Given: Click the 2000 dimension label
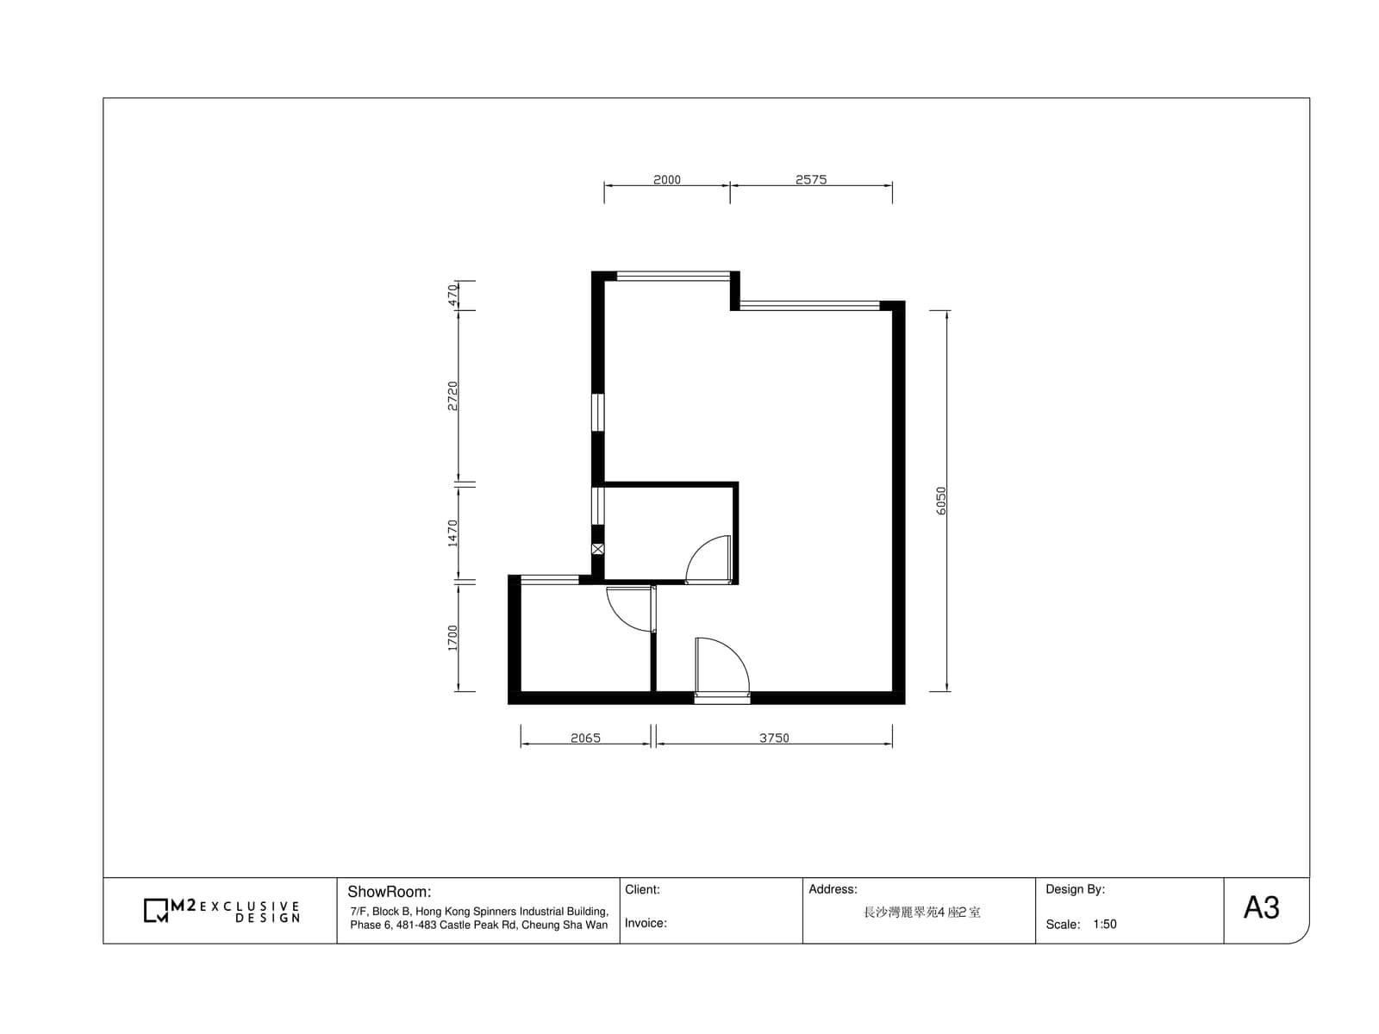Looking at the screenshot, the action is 666,179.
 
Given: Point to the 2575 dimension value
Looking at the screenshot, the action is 810,179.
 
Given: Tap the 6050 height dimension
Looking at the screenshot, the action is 940,501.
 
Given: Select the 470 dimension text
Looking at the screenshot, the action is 452,295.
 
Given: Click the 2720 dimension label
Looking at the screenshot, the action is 452,396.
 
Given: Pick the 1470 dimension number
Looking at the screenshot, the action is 452,533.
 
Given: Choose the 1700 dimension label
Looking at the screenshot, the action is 452,638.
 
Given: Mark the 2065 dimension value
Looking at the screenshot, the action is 585,738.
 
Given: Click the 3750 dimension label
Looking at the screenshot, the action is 774,738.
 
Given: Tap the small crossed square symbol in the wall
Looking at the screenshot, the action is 597,550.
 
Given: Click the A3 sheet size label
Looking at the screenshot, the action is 1261,908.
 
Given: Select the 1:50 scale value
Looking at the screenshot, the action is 1104,924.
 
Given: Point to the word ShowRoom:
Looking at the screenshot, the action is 389,892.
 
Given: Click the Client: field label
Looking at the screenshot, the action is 642,889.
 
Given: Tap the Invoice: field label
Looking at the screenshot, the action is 646,923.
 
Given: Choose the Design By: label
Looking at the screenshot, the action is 1075,889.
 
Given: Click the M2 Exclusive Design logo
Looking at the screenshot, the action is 222,911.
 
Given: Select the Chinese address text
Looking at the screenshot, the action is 921,913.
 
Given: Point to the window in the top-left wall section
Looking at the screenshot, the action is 673,276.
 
